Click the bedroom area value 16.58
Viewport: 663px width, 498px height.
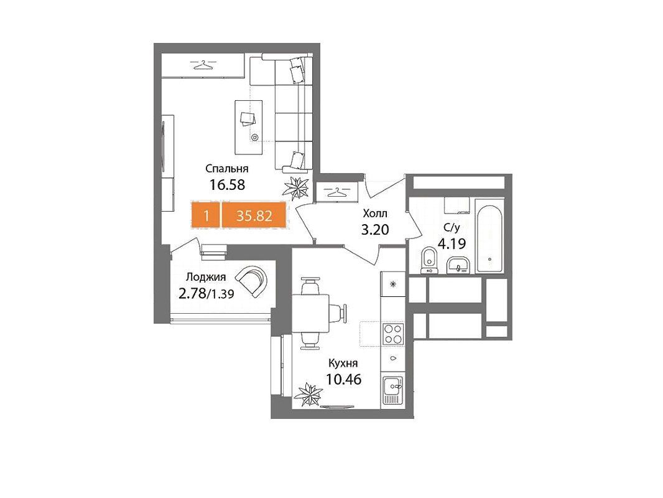[228, 185]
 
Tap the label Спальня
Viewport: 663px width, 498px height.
[226, 169]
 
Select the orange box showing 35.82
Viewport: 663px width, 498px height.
[254, 216]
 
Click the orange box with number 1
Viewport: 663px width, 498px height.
[206, 216]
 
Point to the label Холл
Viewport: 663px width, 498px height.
[374, 214]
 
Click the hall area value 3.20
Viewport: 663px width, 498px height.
[374, 229]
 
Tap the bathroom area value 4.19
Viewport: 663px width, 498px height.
[452, 244]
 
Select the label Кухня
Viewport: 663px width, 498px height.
[343, 364]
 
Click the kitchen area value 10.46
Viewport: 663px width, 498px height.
[343, 379]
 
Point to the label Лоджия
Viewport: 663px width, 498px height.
[206, 277]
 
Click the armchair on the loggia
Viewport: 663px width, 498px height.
[253, 281]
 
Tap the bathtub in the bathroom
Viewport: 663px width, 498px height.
[489, 240]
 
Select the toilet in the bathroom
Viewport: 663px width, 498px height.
[429, 260]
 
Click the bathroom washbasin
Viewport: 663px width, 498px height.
[458, 265]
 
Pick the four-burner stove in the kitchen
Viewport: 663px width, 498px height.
[393, 334]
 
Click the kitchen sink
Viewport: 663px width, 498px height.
[392, 390]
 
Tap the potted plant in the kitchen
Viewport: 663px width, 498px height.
[308, 394]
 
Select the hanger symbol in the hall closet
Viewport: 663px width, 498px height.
[339, 192]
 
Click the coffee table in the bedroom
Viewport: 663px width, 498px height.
[249, 127]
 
